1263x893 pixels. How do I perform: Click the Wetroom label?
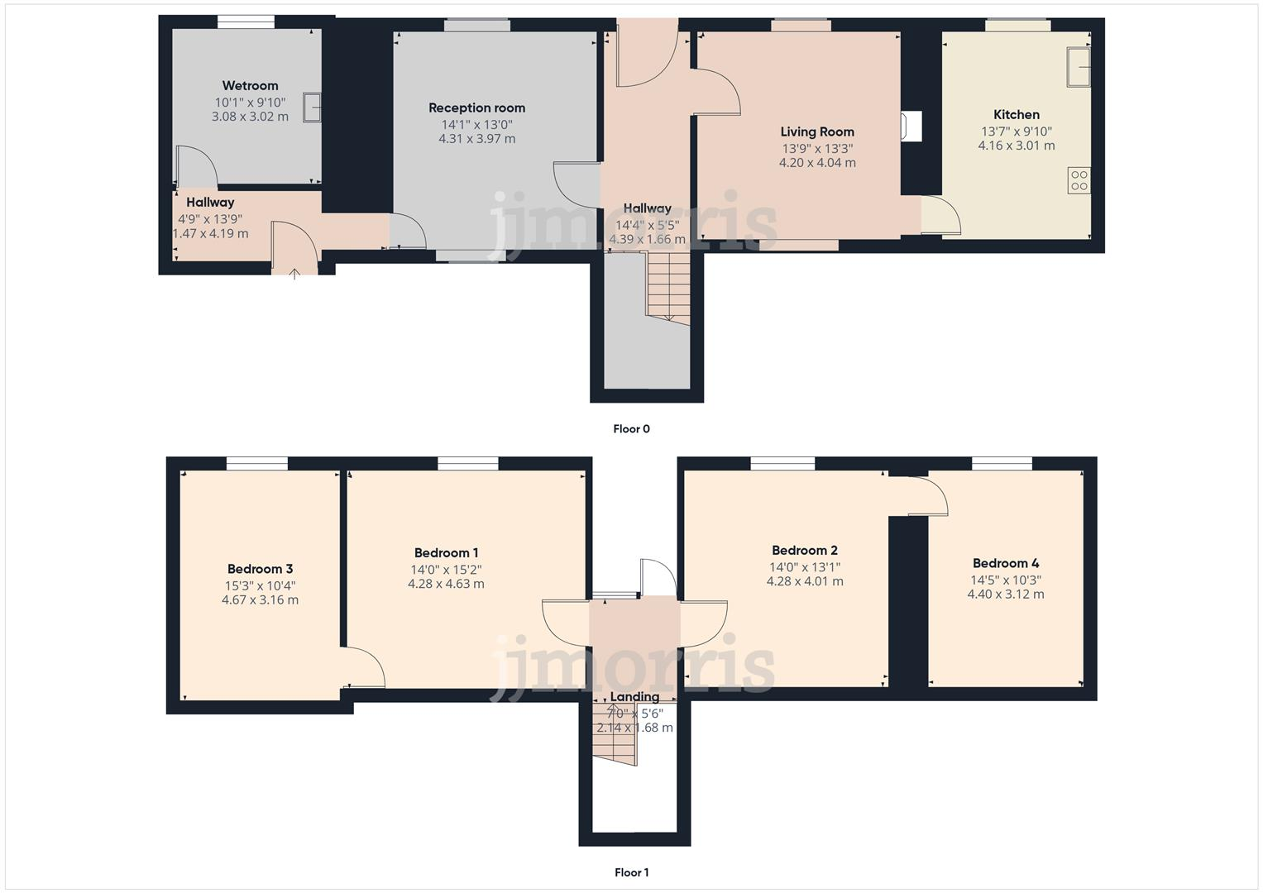point(250,86)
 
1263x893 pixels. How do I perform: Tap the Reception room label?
point(476,108)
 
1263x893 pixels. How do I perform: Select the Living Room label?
point(817,132)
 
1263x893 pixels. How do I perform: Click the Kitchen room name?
point(1017,115)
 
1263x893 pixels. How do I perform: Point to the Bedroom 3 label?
point(260,569)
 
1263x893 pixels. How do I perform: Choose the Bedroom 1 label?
point(446,553)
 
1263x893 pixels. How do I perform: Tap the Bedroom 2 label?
point(805,551)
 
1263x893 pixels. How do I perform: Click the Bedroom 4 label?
point(1006,564)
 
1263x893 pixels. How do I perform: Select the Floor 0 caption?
point(631,429)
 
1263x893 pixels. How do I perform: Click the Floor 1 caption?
point(631,872)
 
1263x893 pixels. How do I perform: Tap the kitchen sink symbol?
point(1079,67)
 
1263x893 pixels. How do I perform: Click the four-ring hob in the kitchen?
point(1079,180)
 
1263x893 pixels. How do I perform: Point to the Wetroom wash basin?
point(312,108)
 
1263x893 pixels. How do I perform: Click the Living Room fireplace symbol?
point(912,127)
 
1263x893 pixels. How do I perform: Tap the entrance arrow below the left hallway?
point(295,274)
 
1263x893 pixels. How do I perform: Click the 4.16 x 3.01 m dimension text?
point(1017,146)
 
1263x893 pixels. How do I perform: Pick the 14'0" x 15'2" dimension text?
point(446,570)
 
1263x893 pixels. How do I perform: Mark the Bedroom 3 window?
point(257,464)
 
